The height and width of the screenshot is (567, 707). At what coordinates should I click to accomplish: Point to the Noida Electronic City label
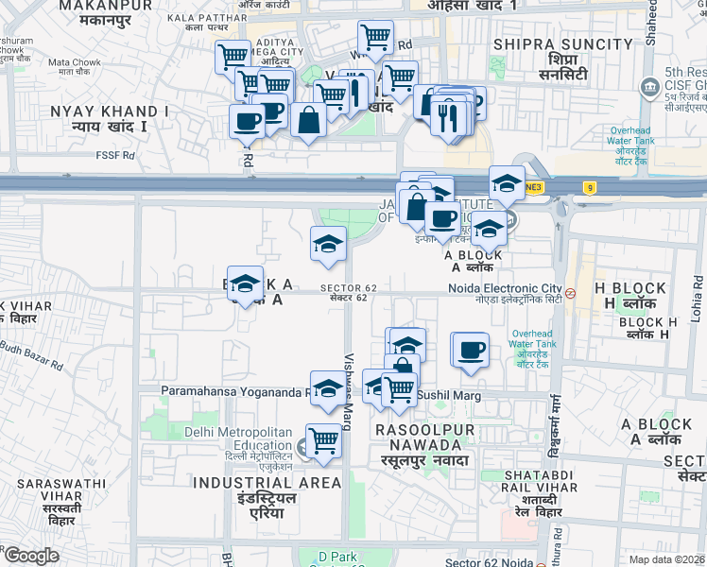coord(505,288)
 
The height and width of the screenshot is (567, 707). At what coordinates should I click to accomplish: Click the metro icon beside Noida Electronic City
coord(570,292)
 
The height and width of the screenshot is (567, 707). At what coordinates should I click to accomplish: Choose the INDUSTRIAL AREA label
coord(267,483)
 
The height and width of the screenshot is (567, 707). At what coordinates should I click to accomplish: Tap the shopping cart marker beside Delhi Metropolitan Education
coord(323,440)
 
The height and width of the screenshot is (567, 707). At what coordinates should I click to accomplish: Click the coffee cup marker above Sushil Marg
coord(470,351)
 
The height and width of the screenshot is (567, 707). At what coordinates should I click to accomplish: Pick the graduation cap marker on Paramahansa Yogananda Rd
coord(328,388)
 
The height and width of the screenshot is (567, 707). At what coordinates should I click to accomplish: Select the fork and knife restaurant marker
coord(448,117)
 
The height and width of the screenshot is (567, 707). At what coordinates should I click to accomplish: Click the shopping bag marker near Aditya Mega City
coord(308,120)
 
